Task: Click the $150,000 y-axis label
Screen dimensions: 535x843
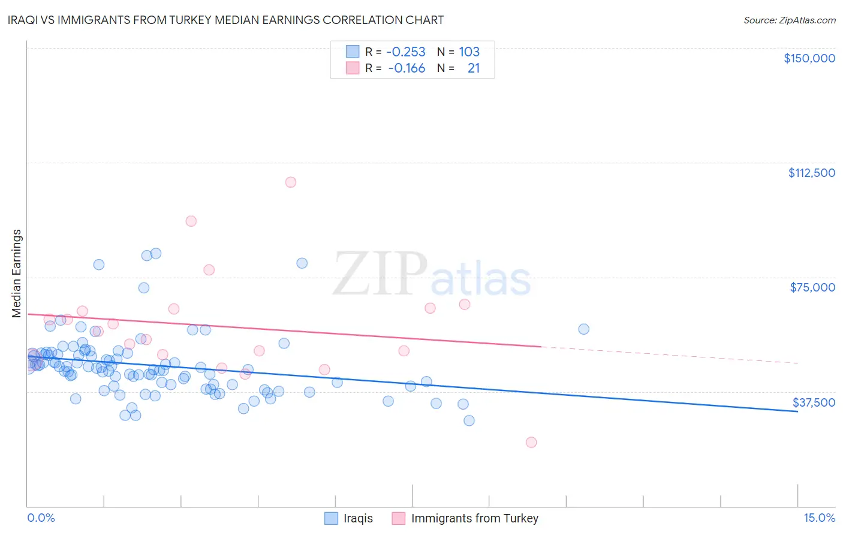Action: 809,58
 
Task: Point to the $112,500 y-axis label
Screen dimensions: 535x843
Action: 811,173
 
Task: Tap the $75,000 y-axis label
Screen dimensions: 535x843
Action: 812,287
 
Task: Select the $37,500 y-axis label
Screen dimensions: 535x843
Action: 814,402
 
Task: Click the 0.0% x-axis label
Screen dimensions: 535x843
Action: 41,518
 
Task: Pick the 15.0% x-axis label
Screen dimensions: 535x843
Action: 819,518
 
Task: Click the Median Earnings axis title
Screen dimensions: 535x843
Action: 17,273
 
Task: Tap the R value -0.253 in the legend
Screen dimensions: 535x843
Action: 405,52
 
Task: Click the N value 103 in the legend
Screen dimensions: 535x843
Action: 469,52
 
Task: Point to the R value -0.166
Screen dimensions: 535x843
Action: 407,68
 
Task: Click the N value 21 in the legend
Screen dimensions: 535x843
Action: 474,68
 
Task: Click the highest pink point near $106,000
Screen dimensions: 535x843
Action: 291,182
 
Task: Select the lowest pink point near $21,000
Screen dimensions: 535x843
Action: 531,442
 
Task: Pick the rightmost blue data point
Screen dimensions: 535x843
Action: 584,329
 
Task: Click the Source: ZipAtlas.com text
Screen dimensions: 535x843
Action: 789,20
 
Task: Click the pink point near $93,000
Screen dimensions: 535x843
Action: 191,221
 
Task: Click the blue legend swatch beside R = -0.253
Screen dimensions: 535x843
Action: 353,52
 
